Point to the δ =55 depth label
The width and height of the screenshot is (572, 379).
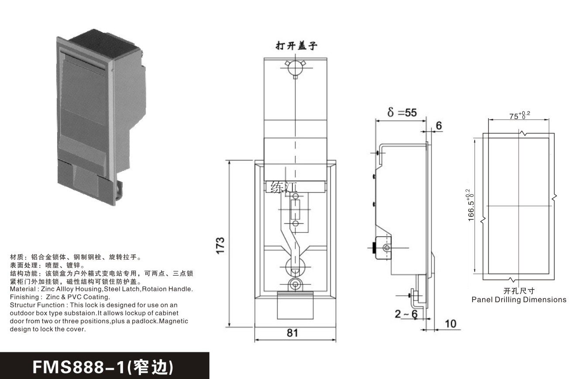402,112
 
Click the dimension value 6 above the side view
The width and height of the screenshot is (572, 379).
438,126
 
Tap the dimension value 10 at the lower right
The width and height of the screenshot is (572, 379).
450,323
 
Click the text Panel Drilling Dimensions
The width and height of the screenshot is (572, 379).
518,300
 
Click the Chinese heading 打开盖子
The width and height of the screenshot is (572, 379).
295,46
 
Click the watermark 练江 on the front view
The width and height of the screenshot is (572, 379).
282,188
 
